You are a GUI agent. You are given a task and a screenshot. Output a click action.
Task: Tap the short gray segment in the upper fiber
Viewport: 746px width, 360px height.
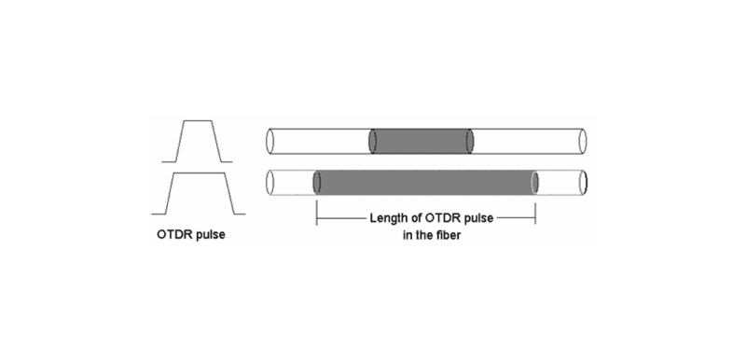pyautogui.click(x=421, y=141)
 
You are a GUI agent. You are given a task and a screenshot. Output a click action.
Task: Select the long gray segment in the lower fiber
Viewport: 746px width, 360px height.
pyautogui.click(x=426, y=183)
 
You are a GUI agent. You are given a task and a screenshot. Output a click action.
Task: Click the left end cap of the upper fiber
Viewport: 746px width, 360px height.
pyautogui.click(x=270, y=141)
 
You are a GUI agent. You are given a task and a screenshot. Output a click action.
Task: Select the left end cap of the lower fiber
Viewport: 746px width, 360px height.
pyautogui.click(x=270, y=183)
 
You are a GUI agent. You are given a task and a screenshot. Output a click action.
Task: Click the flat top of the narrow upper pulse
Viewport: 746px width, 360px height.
pyautogui.click(x=197, y=120)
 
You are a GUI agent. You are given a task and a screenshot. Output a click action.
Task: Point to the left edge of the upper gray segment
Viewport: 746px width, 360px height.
pyautogui.click(x=373, y=141)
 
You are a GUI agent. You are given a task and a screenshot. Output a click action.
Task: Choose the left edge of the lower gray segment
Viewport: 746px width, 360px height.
pyautogui.click(x=318, y=183)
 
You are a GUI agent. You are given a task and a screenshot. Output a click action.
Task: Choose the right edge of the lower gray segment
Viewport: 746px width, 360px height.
pyautogui.click(x=535, y=183)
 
